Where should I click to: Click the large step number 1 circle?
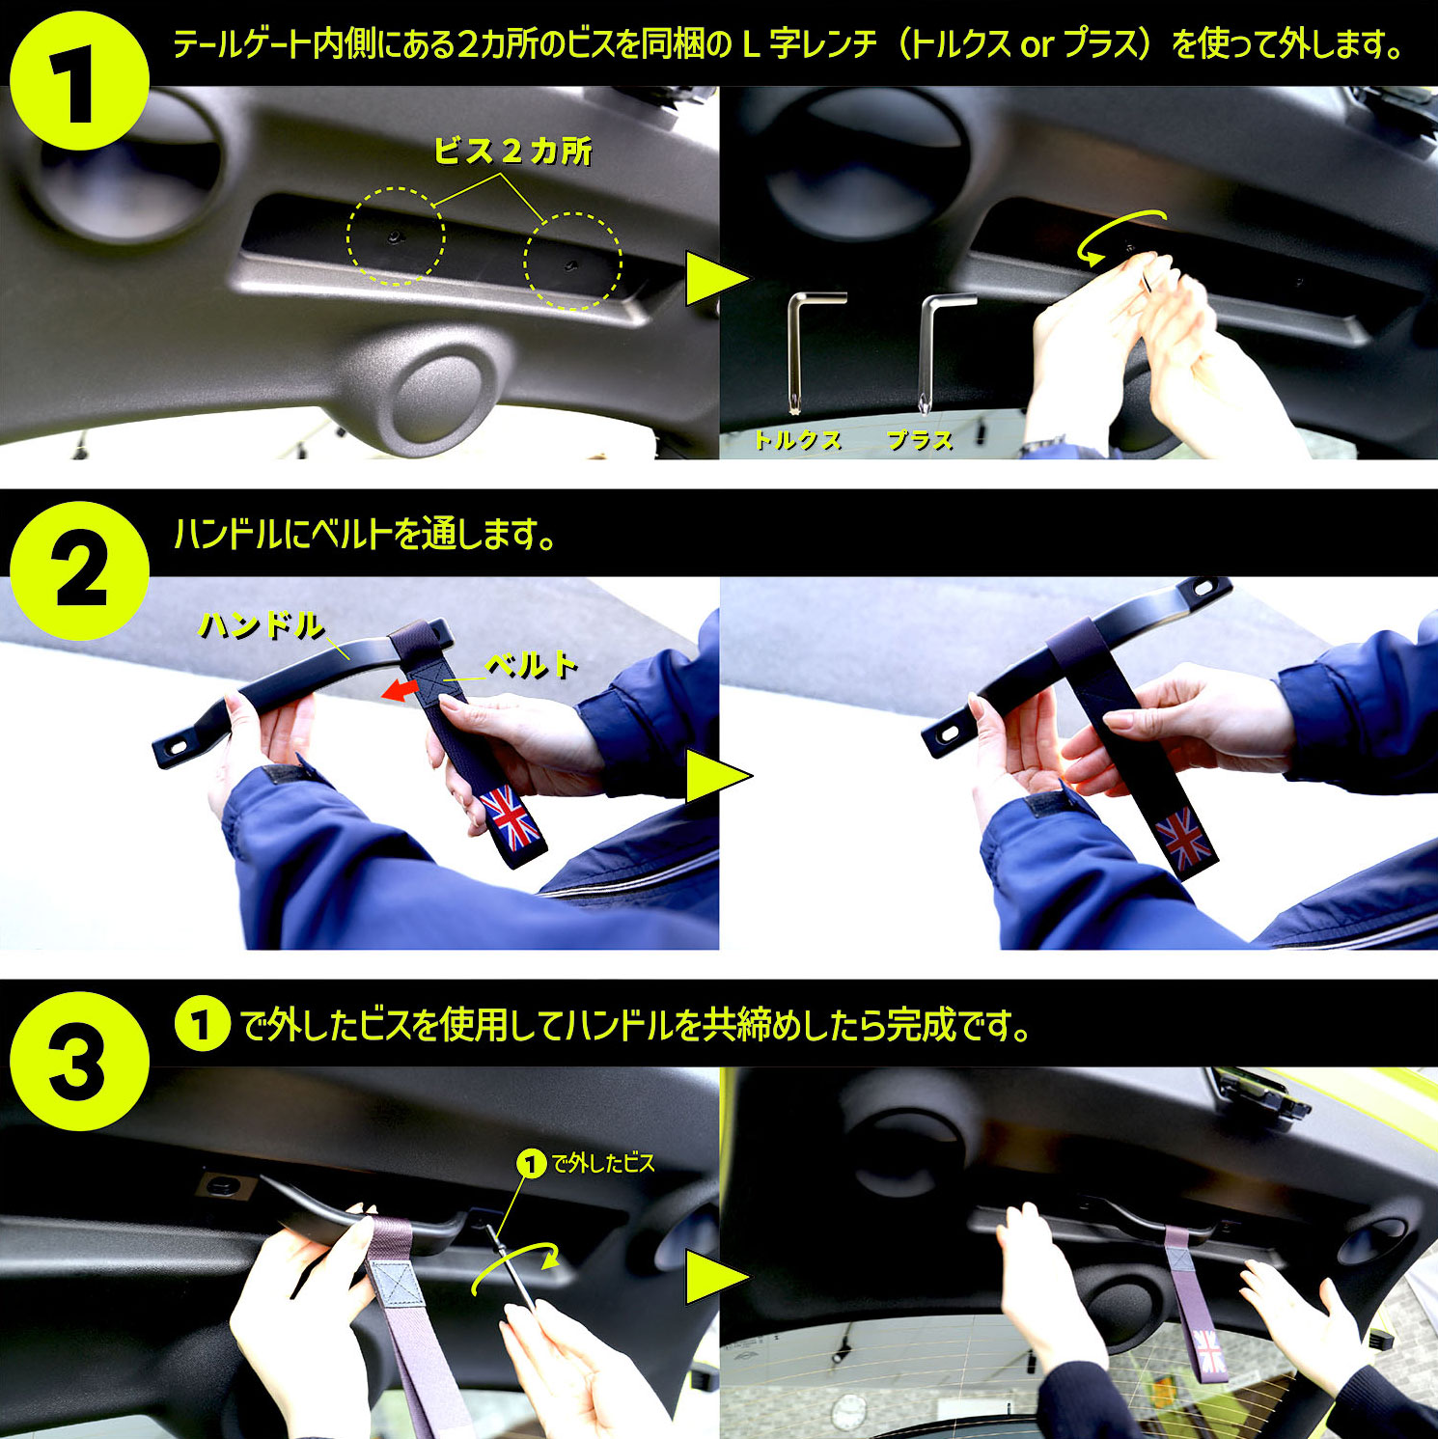79,81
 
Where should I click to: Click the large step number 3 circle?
79,1061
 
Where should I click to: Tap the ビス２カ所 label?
512,151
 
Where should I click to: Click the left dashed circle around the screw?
396,235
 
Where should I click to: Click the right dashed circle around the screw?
572,262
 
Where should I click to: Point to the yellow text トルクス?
797,440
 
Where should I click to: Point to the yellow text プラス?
920,440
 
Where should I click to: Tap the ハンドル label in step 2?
261,625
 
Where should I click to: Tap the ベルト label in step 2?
532,665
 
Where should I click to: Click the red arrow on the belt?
398,689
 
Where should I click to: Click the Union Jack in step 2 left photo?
511,818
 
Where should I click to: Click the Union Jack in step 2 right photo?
1183,838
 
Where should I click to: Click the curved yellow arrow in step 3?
516,1264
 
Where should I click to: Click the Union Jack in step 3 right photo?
1209,1350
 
